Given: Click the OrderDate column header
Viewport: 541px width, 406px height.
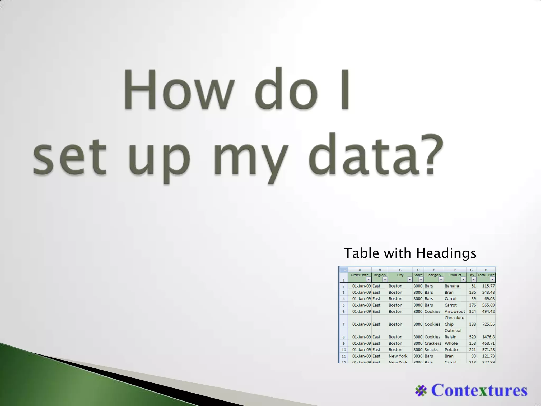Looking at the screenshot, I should [x=359, y=275].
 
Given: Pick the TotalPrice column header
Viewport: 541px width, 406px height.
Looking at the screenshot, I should [x=486, y=275].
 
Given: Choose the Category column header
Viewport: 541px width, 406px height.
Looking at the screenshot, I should [x=434, y=275].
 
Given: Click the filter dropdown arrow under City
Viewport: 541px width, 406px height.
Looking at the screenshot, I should [x=409, y=280].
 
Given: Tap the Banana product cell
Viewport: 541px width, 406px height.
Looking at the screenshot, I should [x=452, y=286].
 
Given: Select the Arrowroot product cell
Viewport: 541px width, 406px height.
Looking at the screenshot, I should [x=455, y=312].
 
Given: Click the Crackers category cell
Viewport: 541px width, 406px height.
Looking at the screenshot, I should [x=433, y=343].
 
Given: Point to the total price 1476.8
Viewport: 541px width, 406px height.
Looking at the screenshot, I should [x=488, y=337].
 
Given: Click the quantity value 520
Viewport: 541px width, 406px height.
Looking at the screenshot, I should [x=472, y=337].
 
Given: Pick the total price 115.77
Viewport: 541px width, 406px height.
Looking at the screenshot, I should [x=488, y=286].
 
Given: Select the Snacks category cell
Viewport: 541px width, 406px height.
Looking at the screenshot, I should [x=431, y=350].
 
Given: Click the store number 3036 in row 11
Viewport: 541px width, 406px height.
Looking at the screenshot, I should [x=418, y=356].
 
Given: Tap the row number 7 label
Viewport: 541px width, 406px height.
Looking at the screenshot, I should [x=344, y=324].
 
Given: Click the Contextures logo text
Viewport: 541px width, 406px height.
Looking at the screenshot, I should [x=479, y=390].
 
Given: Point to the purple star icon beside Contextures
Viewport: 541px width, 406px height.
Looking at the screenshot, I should [x=421, y=391].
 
